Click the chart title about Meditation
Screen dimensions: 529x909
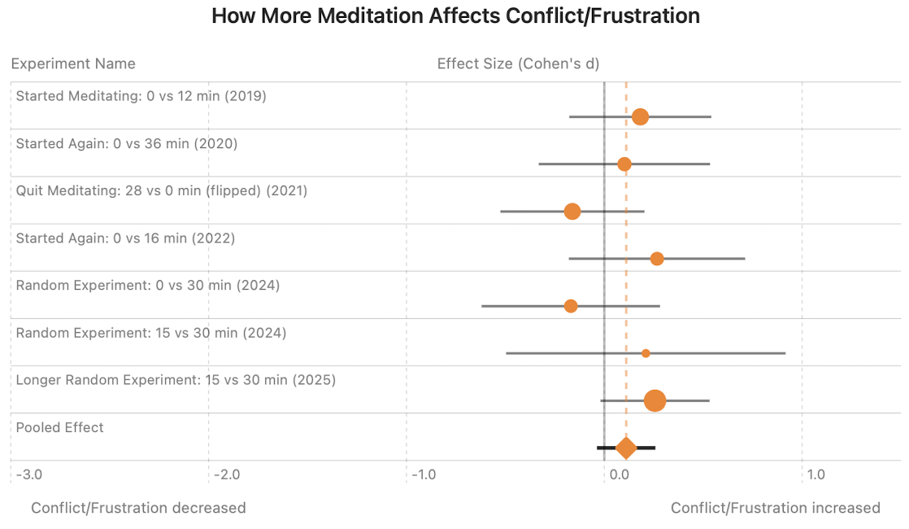455,16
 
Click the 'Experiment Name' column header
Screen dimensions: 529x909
73,63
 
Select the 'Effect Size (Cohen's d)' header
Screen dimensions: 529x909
518,63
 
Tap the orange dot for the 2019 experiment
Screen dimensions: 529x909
640,116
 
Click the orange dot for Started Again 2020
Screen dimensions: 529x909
624,164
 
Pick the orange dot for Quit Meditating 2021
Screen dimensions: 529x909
572,212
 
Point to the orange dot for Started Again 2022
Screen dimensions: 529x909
657,259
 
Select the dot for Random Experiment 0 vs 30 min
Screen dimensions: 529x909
571,306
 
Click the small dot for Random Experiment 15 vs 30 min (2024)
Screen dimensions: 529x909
646,353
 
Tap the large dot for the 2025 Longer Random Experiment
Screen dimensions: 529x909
655,400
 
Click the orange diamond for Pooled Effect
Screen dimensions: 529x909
625,448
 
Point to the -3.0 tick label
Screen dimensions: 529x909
28,474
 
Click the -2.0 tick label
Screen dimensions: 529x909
227,474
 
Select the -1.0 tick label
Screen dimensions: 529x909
424,474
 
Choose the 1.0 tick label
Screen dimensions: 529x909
815,474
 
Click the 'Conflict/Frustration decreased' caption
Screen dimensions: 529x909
138,508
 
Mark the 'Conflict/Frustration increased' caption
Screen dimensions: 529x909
775,508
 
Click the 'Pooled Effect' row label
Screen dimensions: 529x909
60,427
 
